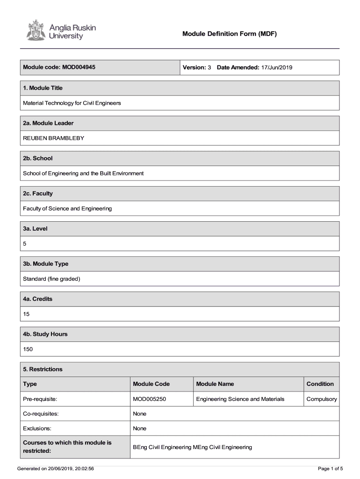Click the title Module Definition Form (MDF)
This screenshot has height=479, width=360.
(x=230, y=34)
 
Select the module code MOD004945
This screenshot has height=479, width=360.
(x=78, y=67)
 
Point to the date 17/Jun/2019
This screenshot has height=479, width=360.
(x=276, y=67)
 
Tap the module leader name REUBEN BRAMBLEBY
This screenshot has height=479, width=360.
(x=54, y=138)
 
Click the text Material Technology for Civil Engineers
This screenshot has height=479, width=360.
(x=72, y=103)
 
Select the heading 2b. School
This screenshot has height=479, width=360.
(x=38, y=158)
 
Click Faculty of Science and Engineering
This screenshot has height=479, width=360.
(x=67, y=209)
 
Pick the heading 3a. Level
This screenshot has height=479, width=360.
(x=36, y=229)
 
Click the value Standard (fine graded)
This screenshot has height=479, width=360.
(x=52, y=279)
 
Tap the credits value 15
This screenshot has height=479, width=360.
(x=26, y=314)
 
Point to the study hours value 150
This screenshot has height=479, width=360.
(x=28, y=349)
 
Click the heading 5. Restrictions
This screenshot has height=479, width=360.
(x=43, y=369)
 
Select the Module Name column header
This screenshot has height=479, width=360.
(x=215, y=384)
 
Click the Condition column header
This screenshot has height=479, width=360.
(x=320, y=384)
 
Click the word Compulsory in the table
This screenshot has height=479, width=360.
(x=321, y=399)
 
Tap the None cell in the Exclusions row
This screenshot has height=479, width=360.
(x=139, y=428)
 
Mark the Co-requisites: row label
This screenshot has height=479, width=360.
(x=41, y=414)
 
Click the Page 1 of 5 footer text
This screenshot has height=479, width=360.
(x=330, y=468)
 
